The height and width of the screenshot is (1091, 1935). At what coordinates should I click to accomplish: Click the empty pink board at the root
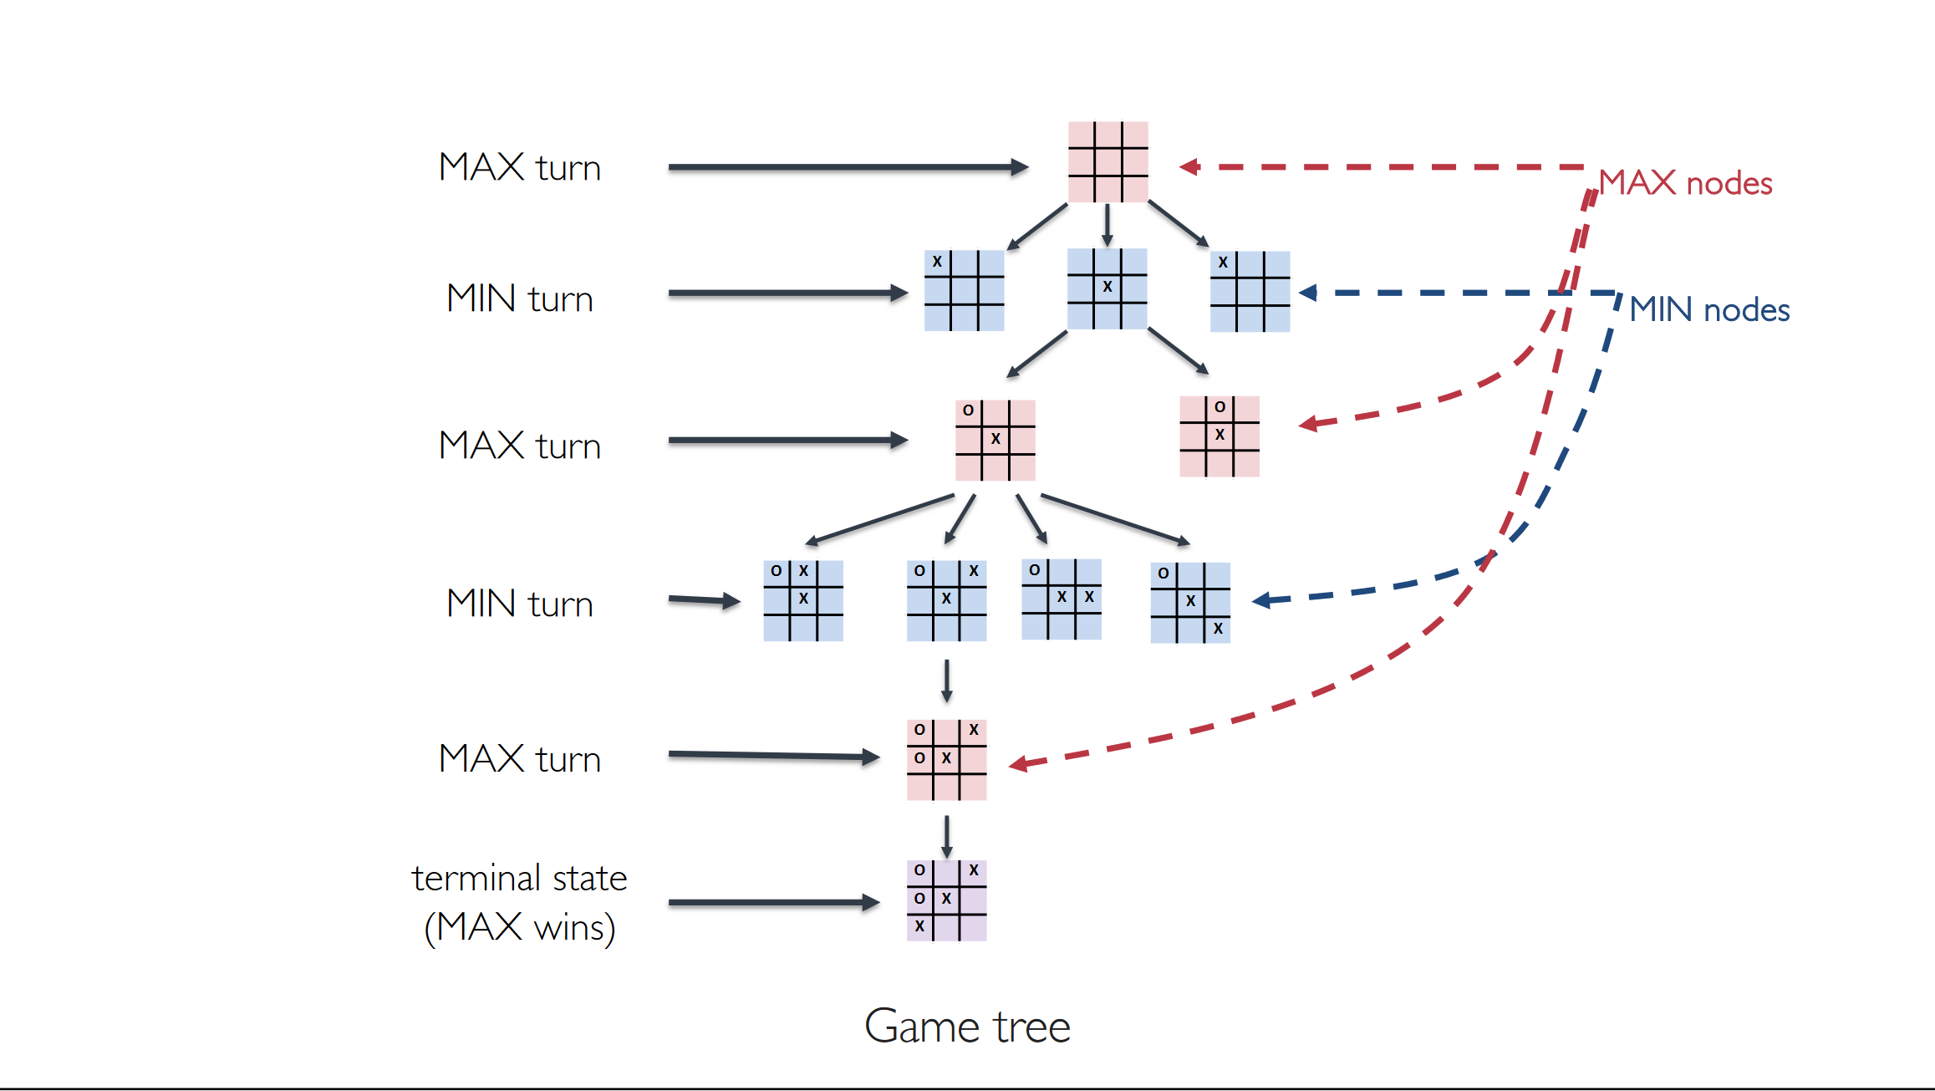click(x=1108, y=161)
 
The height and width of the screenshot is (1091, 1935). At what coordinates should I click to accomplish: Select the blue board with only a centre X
click(x=1107, y=288)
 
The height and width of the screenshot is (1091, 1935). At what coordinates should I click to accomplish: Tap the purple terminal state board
click(x=946, y=900)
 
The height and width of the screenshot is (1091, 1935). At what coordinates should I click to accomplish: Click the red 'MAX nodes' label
click(x=1685, y=182)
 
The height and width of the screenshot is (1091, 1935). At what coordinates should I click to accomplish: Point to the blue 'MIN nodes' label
click(x=1709, y=309)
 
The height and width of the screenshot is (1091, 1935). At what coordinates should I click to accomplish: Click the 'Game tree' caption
click(x=967, y=1026)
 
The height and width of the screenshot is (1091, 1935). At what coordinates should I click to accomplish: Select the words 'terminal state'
click(x=519, y=878)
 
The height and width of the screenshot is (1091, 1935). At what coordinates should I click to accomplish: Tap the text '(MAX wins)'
click(x=520, y=927)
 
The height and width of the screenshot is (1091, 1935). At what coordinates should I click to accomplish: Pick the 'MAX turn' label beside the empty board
click(x=520, y=167)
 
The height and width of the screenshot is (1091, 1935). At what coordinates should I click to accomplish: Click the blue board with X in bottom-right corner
click(x=1190, y=603)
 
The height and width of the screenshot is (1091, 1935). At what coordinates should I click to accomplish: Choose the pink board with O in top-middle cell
click(x=1219, y=436)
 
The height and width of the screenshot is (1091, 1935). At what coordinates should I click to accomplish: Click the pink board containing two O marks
click(x=946, y=760)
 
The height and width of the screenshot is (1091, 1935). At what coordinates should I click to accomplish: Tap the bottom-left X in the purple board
click(x=919, y=926)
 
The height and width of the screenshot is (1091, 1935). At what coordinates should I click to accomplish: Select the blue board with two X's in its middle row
click(x=1062, y=599)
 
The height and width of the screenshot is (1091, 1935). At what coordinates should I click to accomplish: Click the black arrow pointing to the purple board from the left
click(x=774, y=903)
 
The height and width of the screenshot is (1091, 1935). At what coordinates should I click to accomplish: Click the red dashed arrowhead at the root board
click(x=1189, y=167)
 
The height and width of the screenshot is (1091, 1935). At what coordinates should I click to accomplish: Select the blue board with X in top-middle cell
click(x=802, y=601)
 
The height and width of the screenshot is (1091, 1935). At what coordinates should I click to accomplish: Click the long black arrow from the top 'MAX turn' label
click(x=848, y=167)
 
